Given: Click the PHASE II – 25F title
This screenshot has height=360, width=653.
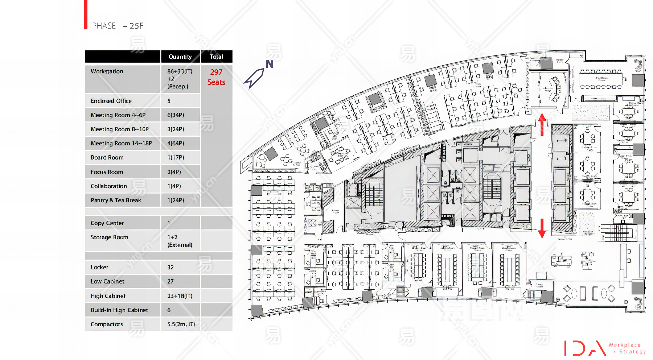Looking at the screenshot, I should [x=118, y=26].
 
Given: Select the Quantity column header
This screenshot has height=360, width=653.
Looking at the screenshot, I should [x=180, y=57].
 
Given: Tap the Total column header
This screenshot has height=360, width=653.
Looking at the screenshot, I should [x=216, y=57].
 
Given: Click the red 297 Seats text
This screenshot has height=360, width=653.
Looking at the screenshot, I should [x=216, y=77].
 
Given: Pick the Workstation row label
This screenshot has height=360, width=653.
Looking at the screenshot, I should [x=107, y=71].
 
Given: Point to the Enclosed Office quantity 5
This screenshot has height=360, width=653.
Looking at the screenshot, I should [x=169, y=101].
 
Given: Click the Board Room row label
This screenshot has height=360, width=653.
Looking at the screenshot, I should [x=107, y=158].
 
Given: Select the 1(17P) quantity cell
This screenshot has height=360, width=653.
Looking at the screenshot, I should [x=176, y=158].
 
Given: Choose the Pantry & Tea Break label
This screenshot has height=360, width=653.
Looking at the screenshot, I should [x=116, y=200].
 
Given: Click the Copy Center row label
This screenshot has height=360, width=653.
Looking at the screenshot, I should [x=107, y=223].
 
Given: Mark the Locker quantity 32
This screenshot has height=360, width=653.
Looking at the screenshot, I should [x=171, y=268].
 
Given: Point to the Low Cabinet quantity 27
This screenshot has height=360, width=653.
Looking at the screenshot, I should [x=171, y=282].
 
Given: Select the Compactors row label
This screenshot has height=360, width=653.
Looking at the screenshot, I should [x=107, y=324].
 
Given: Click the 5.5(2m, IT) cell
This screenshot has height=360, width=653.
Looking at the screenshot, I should [x=181, y=324].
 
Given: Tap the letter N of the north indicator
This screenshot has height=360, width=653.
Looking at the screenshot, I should [x=269, y=64].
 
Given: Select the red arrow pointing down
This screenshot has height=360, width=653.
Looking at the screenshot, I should [x=542, y=228].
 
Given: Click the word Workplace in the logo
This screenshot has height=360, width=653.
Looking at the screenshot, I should [x=624, y=345].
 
